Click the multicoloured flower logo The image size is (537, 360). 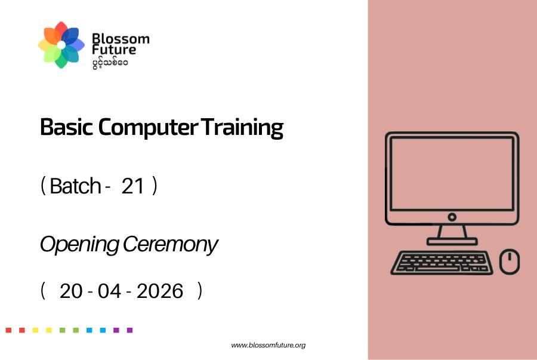click(61, 45)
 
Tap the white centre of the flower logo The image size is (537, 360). click(61, 45)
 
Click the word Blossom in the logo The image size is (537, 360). click(121, 38)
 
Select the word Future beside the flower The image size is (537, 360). click(114, 50)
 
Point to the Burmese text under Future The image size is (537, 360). click(110, 63)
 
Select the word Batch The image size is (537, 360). click(75, 186)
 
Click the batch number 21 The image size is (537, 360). click(132, 186)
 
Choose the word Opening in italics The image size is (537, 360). click(79, 245)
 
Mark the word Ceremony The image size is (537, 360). click(170, 245)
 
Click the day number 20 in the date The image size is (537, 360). click(71, 291)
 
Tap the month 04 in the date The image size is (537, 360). click(110, 291)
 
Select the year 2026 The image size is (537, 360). click(160, 291)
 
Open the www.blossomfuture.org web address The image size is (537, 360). click(268, 345)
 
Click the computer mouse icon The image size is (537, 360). click(510, 261)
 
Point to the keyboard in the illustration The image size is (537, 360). click(442, 263)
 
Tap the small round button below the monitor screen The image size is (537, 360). click(452, 217)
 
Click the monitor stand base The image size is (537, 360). click(452, 242)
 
